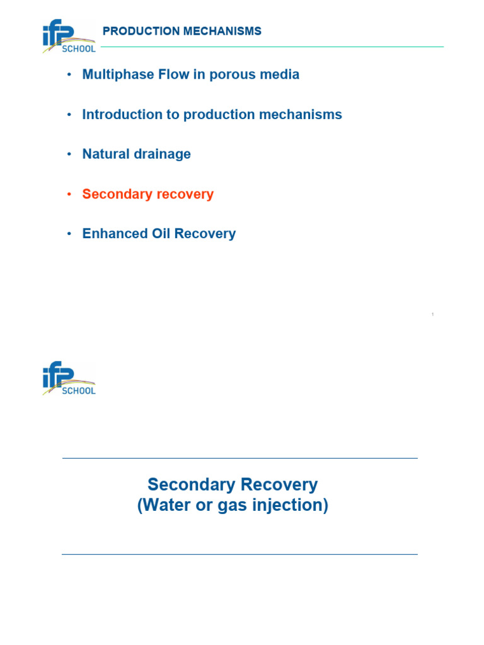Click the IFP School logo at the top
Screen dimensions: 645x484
pyautogui.click(x=69, y=37)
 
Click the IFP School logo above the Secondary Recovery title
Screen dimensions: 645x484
pyautogui.click(x=69, y=379)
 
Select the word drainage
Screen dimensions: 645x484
pyautogui.click(x=161, y=154)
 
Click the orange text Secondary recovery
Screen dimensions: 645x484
pyautogui.click(x=147, y=194)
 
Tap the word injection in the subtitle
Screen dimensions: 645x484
pyautogui.click(x=292, y=506)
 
